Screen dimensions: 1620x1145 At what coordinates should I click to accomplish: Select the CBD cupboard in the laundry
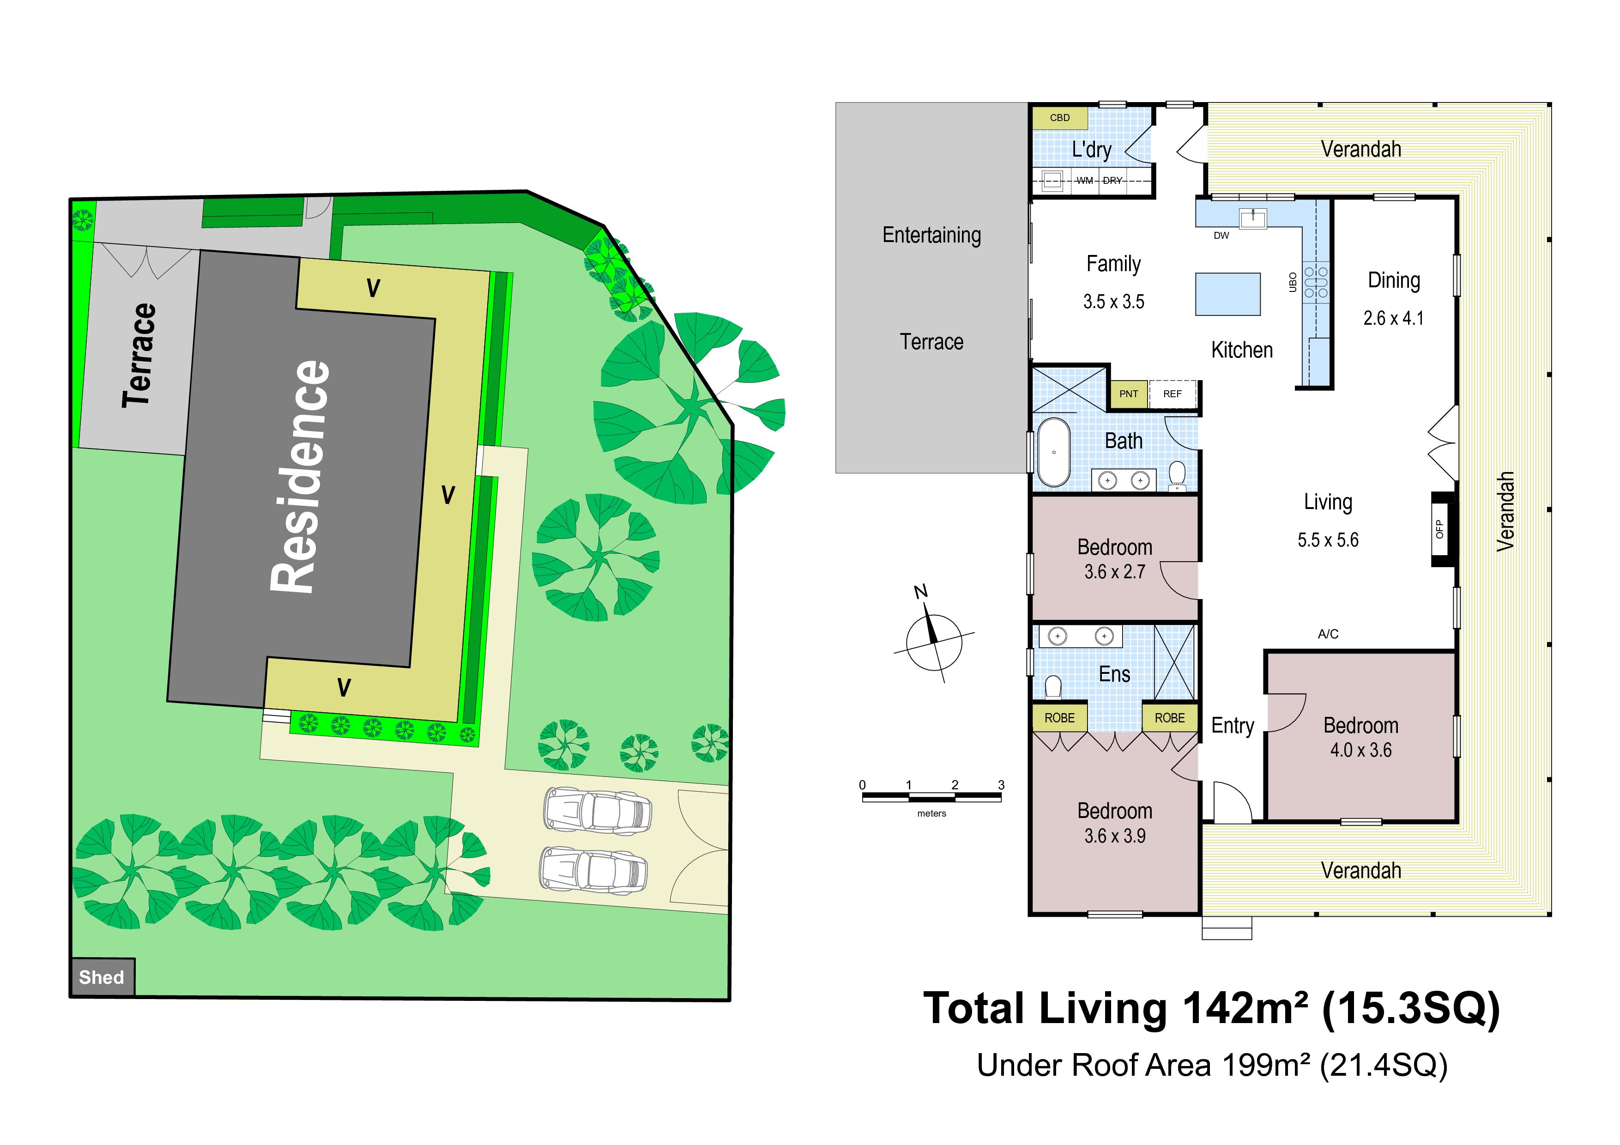tap(1060, 118)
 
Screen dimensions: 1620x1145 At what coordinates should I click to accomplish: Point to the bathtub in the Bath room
tap(1053, 452)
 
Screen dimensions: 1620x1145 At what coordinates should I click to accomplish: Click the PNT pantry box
tap(1128, 394)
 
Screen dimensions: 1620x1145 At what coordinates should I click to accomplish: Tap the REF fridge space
tap(1173, 394)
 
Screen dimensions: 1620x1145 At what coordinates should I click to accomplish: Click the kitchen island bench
tap(1228, 293)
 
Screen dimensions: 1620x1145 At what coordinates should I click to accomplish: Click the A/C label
tap(1328, 634)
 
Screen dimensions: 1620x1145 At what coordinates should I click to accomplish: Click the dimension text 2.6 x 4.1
tap(1394, 318)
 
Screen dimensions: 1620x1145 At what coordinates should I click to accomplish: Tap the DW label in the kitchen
tap(1221, 236)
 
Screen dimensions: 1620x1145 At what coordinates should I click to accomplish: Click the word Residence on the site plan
tap(301, 476)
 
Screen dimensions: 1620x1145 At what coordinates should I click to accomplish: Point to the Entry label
tap(1233, 726)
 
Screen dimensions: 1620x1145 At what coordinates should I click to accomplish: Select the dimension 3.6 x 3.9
tap(1115, 836)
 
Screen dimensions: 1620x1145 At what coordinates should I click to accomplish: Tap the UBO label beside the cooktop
tap(1293, 281)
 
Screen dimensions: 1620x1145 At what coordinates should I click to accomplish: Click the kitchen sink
tap(1253, 218)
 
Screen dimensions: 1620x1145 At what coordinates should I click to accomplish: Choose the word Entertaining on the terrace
tap(931, 235)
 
